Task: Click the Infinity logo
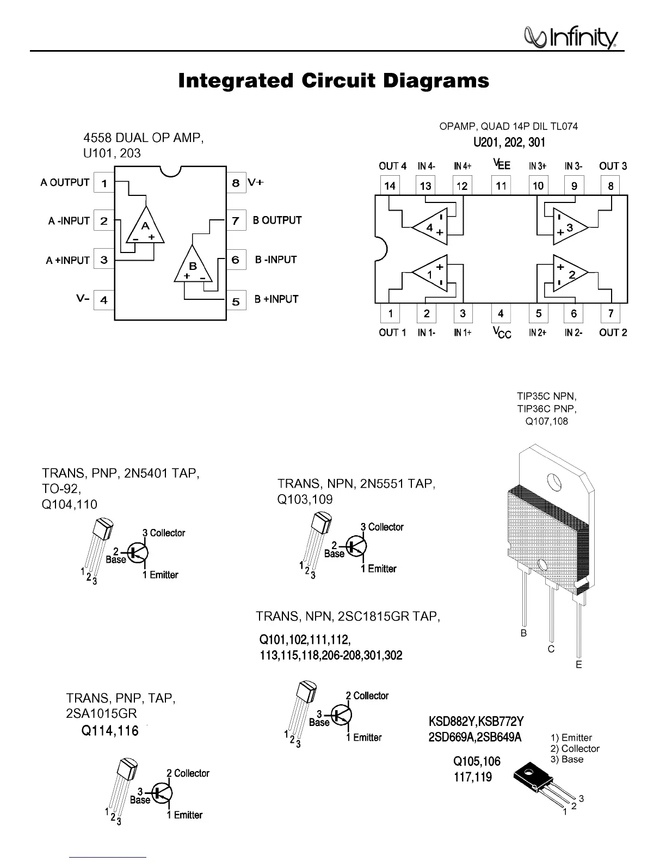[x=570, y=38]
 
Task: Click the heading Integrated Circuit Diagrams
[x=334, y=81]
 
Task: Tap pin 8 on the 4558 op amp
[x=236, y=183]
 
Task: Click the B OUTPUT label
[x=277, y=220]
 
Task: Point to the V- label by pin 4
[x=83, y=299]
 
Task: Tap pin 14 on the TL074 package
[x=390, y=186]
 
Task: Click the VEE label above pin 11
[x=501, y=164]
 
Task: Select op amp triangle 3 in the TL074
[x=569, y=227]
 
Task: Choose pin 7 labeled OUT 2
[x=611, y=313]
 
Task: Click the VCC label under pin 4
[x=502, y=332]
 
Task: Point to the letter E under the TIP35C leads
[x=579, y=664]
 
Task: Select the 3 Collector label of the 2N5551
[x=382, y=527]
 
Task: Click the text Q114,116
[x=110, y=730]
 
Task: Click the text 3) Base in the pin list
[x=567, y=759]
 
